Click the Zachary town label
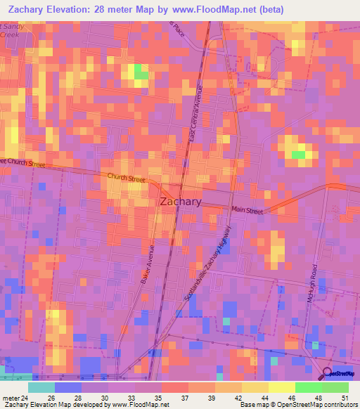181,201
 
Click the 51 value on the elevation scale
345,398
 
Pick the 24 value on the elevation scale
25,398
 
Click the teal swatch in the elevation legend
41,387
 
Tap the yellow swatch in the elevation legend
281,387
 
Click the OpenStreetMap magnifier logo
327,374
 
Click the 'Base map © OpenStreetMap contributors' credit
296,405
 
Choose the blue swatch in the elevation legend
67,387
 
